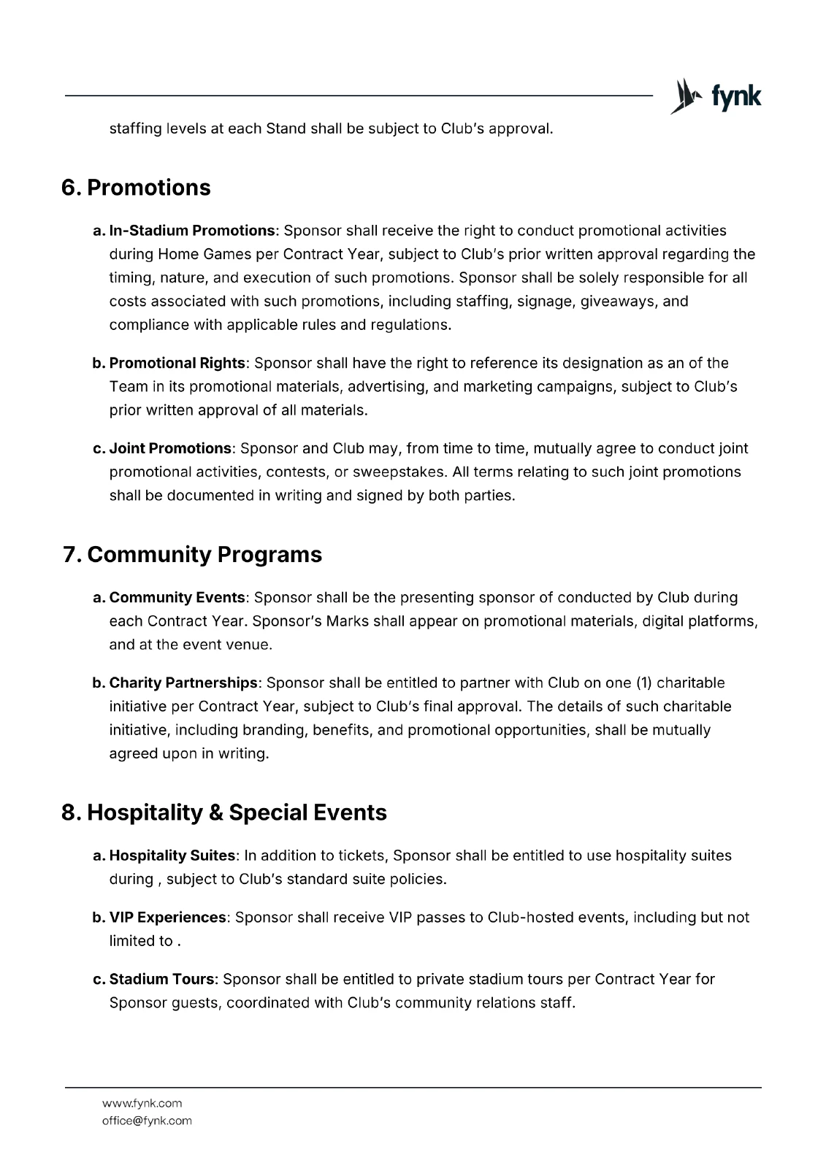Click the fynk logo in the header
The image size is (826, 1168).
tap(716, 96)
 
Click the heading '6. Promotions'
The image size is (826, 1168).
tap(136, 188)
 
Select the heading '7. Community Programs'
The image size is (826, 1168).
tap(192, 555)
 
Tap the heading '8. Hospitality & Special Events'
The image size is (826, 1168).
tap(224, 812)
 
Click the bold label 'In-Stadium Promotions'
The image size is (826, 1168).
tap(191, 231)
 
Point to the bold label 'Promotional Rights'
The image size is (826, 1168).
tap(177, 363)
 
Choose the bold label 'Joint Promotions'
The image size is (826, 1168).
tap(170, 448)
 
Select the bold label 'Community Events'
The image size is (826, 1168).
tap(177, 597)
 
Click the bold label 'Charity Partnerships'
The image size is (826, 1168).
tap(183, 683)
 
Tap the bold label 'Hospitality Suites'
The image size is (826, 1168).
tap(172, 855)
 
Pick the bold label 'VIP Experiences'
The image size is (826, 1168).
tap(167, 917)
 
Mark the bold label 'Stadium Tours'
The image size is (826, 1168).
tap(162, 979)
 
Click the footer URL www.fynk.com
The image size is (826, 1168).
tap(142, 1103)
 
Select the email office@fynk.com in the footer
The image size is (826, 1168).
tap(147, 1121)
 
